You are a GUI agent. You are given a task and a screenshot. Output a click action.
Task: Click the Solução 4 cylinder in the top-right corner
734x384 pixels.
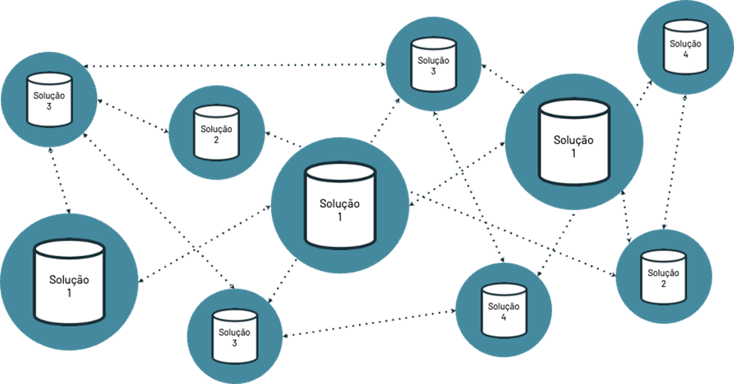click(684, 47)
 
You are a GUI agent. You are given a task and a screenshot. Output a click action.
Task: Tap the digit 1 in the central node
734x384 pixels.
click(340, 217)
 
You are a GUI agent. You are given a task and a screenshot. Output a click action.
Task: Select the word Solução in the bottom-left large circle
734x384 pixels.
click(69, 280)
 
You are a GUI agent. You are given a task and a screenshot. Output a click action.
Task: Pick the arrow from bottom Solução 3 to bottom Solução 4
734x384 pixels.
click(369, 322)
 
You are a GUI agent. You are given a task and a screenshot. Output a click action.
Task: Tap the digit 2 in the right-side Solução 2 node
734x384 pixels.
click(663, 284)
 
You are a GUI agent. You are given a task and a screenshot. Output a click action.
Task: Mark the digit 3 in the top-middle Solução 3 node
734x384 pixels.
click(434, 72)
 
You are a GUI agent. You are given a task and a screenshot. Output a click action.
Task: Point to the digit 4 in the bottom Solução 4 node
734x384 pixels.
click(504, 317)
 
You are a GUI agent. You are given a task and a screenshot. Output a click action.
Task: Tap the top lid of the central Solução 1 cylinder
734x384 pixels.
click(340, 171)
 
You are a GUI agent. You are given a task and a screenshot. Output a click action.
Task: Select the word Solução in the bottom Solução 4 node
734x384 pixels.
click(504, 306)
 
